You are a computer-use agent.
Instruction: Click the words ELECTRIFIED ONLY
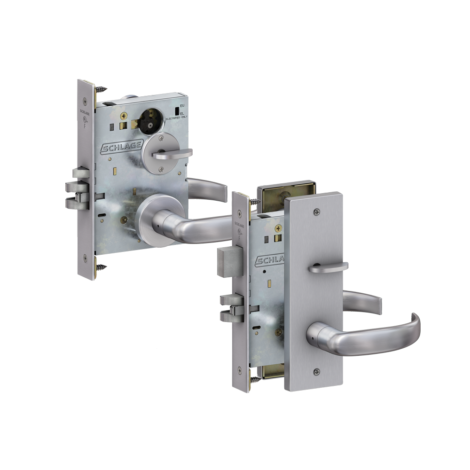pos(177,119)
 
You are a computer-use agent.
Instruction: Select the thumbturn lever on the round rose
pos(174,153)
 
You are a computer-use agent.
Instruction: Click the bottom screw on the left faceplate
pos(85,257)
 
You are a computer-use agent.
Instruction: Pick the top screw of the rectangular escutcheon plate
pos(314,211)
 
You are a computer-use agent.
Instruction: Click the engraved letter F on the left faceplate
pos(85,126)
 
